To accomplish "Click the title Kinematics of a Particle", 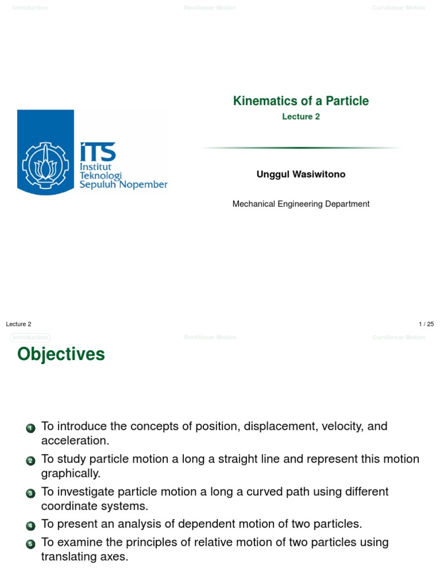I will (301, 101).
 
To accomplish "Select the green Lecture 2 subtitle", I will (301, 117).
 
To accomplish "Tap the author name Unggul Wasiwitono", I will (301, 174).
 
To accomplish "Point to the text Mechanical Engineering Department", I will (301, 204).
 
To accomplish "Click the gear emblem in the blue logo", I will (45, 162).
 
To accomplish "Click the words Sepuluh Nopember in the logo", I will (123, 185).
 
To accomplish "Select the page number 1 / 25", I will (426, 324).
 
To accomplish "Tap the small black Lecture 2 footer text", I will (19, 324).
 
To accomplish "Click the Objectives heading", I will (61, 354).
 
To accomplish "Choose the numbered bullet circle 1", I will (30, 428).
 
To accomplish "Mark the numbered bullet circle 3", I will (30, 494).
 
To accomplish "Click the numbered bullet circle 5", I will (30, 544).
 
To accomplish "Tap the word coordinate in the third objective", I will (68, 506).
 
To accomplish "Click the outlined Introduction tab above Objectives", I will (30, 338).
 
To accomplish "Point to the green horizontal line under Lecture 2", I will (301, 148).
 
